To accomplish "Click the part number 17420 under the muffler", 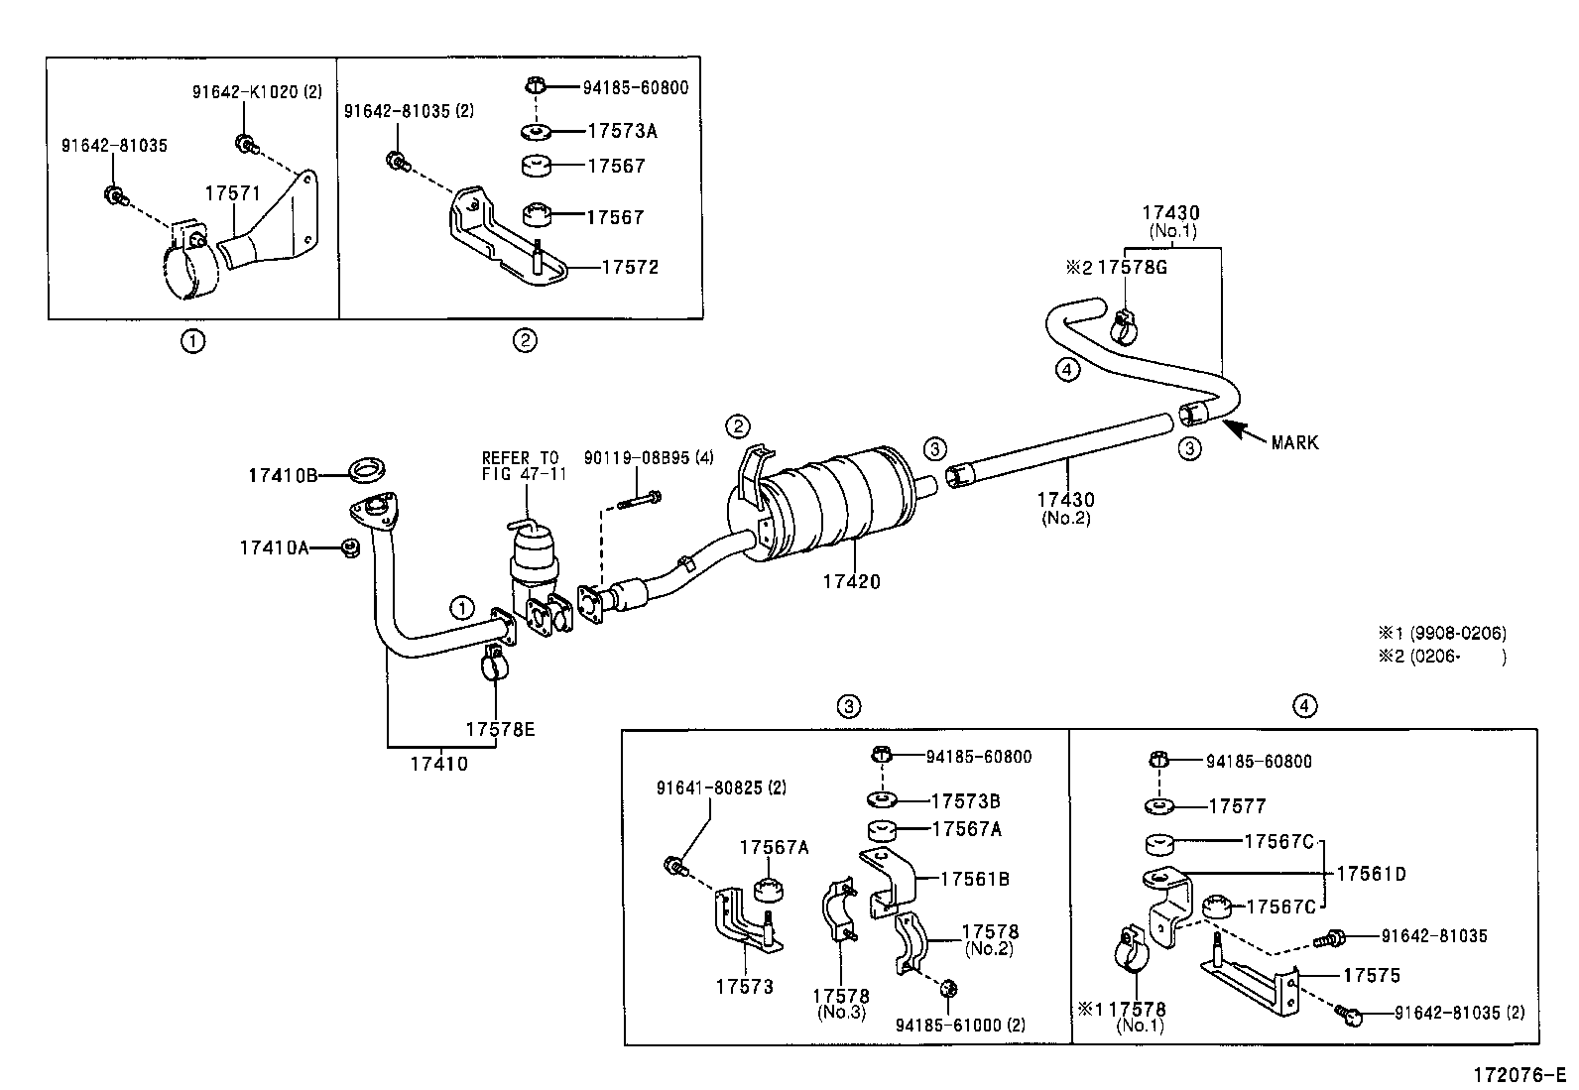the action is pos(852,581).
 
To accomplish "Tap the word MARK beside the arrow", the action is pos(1295,442).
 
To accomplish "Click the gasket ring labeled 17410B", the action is pos(367,470).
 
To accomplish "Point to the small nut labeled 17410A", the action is pos(350,547).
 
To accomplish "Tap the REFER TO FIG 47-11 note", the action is pos(523,466).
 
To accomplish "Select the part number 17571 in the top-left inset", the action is pos(233,193).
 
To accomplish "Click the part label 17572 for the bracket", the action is pos(630,267).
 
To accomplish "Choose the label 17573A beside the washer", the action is pos(623,131).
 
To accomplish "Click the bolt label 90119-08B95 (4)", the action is pos(649,458).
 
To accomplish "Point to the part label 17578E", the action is pos(500,729).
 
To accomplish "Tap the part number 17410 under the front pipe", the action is pos(439,764).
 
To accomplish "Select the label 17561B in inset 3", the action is pos(975,879).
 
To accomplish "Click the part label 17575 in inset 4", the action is pos(1371,975).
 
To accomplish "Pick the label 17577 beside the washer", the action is pos(1237,806).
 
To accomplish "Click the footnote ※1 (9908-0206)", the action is pos(1442,633).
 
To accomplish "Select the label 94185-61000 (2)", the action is pos(960,1025).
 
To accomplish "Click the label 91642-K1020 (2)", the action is pos(257,91).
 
